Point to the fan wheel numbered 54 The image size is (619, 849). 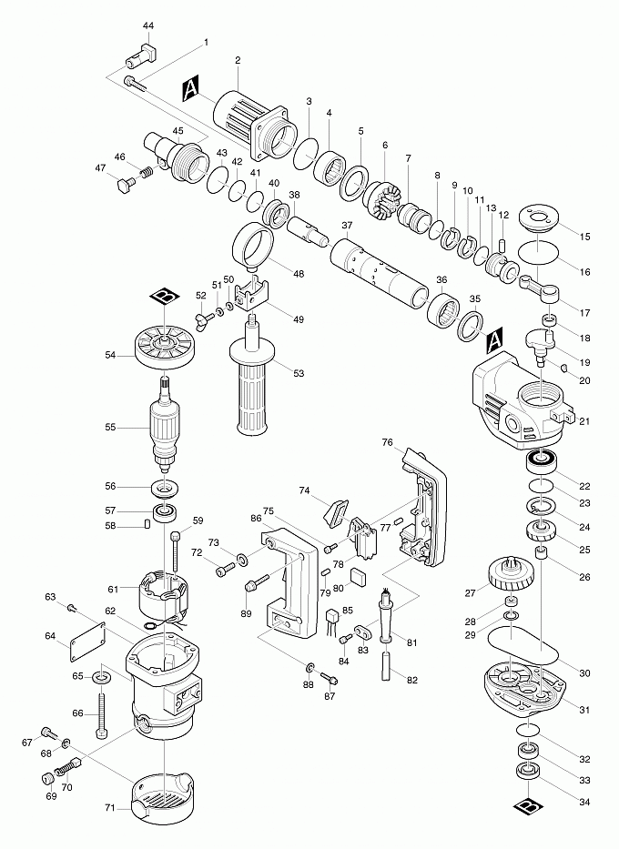(163, 347)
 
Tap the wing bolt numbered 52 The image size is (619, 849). (203, 318)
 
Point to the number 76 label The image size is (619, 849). (387, 442)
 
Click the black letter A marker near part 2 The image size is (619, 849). (191, 88)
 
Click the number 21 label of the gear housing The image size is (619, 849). (585, 419)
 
